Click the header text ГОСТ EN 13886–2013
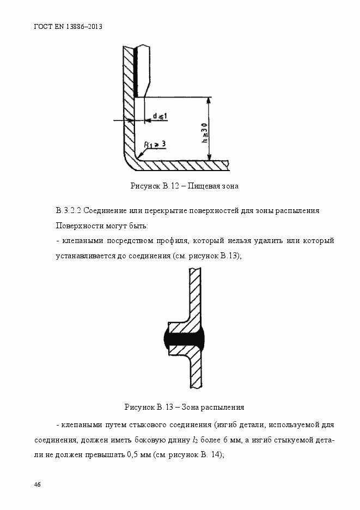click(x=68, y=26)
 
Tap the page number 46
click(x=38, y=484)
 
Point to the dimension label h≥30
click(x=204, y=132)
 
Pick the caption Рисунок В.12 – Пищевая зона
click(x=184, y=186)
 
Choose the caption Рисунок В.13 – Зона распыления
click(x=184, y=407)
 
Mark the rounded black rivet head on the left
click(x=166, y=338)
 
